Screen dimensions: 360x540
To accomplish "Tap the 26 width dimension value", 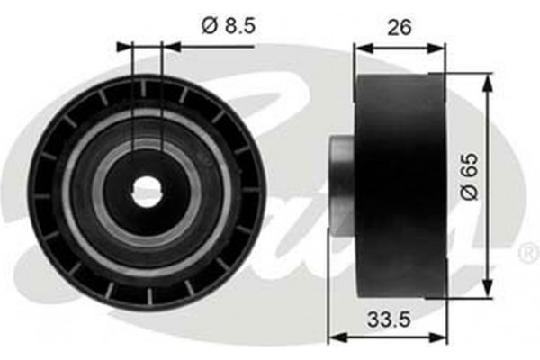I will (x=399, y=27).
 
